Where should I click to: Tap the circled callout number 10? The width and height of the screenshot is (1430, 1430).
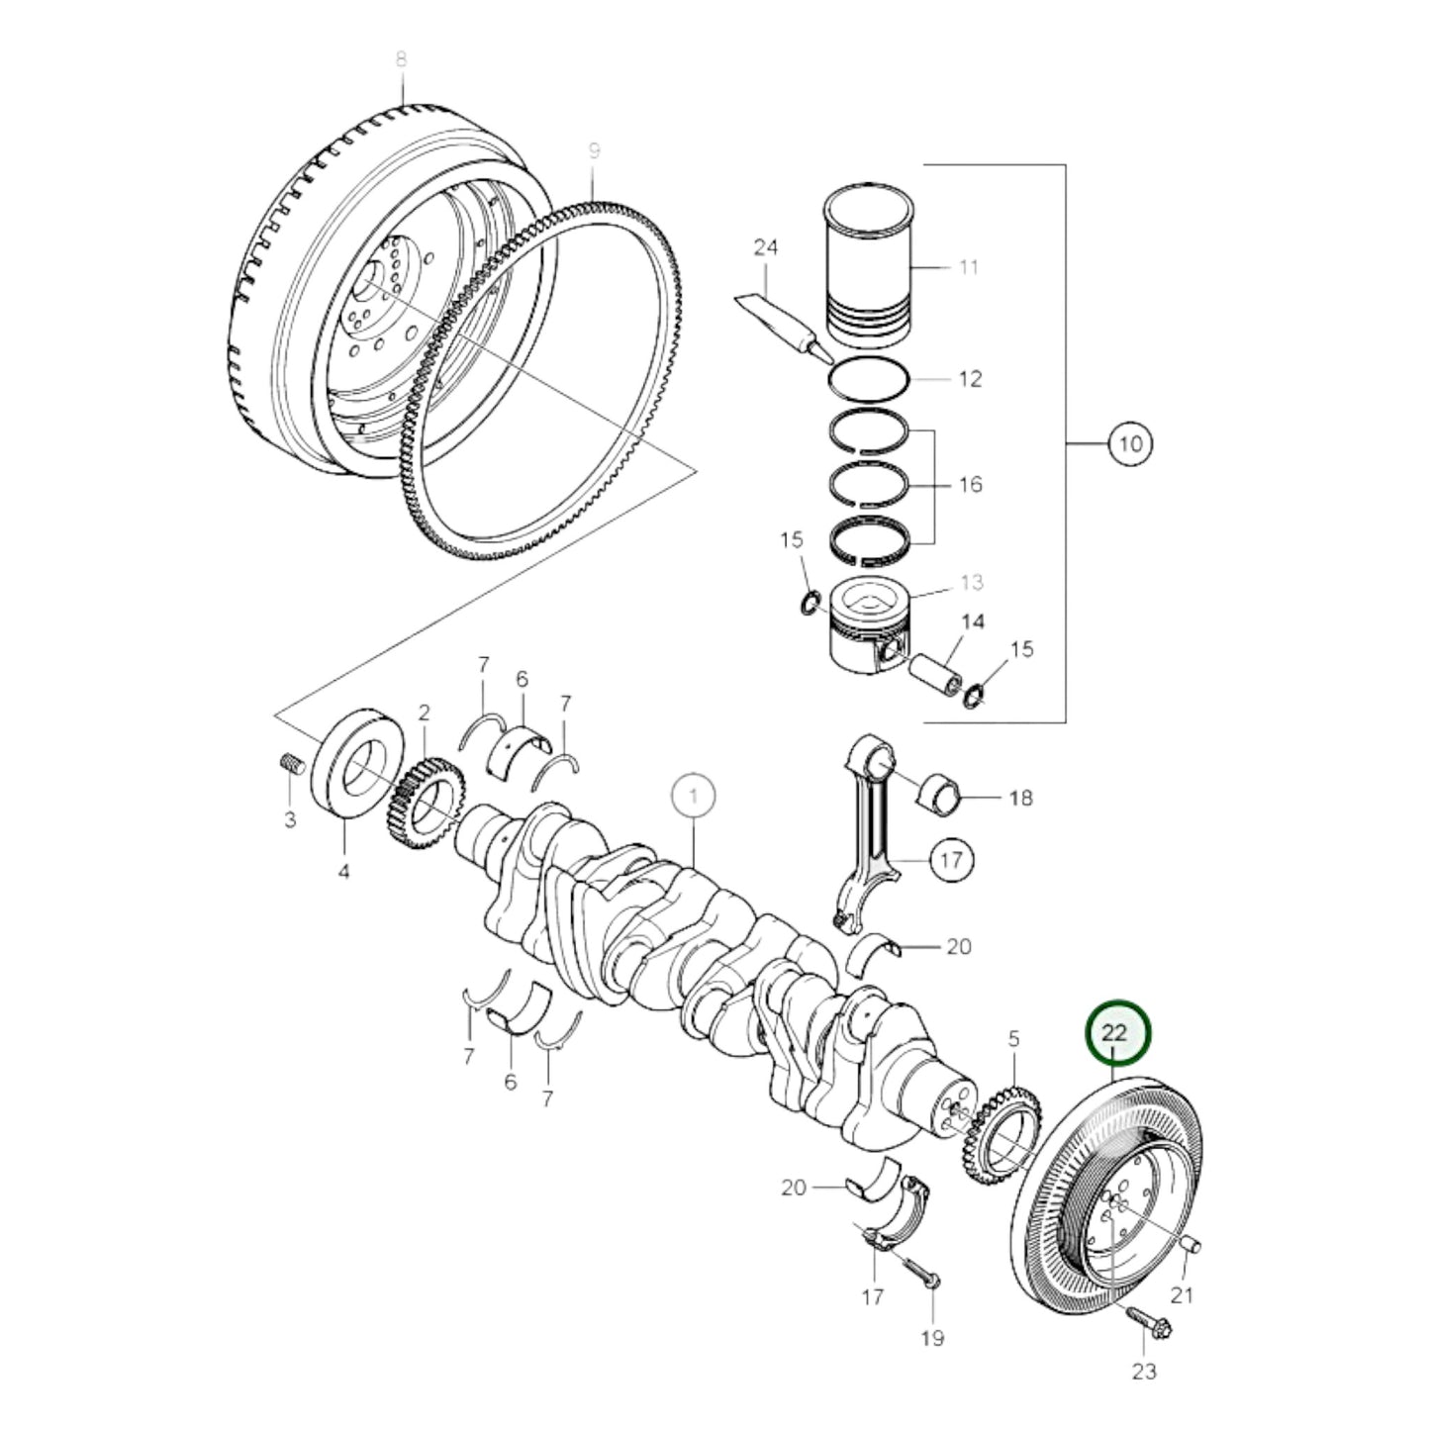[x=1131, y=443]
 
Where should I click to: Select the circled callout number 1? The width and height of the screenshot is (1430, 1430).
[x=694, y=796]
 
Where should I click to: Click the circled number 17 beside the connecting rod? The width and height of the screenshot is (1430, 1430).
[x=950, y=860]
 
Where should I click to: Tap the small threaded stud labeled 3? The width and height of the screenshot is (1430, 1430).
[x=290, y=766]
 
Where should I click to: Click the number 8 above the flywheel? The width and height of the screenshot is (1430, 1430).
[x=401, y=59]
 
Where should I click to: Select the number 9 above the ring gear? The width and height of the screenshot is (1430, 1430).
[x=594, y=151]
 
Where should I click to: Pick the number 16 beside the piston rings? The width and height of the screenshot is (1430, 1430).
[x=971, y=485]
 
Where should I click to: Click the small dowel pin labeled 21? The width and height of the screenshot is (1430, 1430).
[x=1191, y=1244]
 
